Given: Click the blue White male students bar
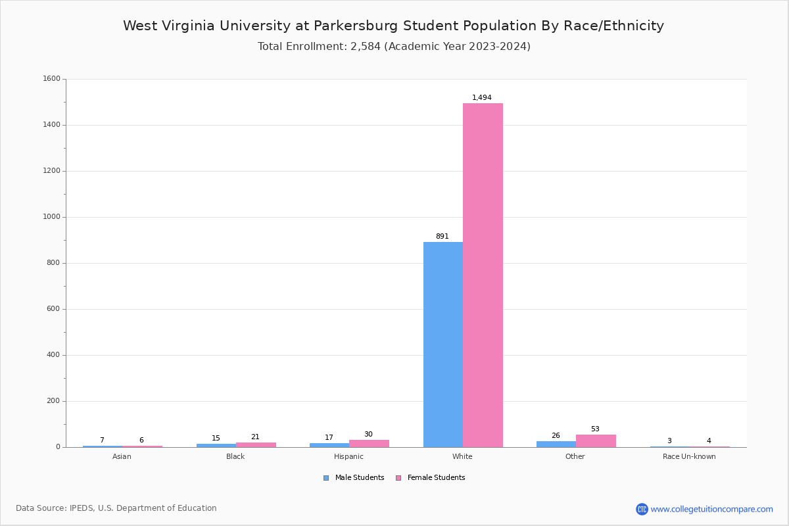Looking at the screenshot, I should (x=442, y=345).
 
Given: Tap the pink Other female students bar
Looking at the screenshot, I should (x=596, y=441).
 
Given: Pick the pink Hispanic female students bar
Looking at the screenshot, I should (x=369, y=443).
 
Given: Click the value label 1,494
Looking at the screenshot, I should (x=482, y=98).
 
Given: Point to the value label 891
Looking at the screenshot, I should (x=442, y=237).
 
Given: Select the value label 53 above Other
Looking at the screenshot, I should (x=595, y=429).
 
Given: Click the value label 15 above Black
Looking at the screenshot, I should (x=216, y=439).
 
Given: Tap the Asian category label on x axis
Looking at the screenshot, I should (x=122, y=457).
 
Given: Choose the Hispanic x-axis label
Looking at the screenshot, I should (x=348, y=457).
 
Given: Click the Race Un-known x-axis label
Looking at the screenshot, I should (x=689, y=457).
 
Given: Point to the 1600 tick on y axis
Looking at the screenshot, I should (x=51, y=79).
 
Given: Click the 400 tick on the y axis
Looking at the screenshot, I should (x=53, y=355).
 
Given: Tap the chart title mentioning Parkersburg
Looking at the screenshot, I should (x=393, y=26).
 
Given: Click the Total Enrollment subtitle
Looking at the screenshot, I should (x=394, y=47).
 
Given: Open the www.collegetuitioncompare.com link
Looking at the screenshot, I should (x=711, y=509).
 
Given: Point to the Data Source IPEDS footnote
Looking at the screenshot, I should (x=116, y=508).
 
